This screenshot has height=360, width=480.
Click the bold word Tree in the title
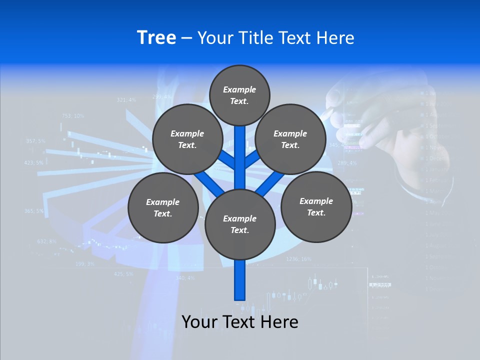[156, 37]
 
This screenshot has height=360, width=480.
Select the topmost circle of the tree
[239, 95]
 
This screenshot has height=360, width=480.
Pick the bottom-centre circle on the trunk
[240, 224]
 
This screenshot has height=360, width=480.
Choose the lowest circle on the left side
[163, 208]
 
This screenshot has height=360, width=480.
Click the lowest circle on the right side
[316, 207]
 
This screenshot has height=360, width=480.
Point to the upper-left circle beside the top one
[187, 139]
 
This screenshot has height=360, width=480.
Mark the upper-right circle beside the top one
[290, 139]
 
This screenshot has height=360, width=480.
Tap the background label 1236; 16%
[298, 259]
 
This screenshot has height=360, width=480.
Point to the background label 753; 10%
[73, 115]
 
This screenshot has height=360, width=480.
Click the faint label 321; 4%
[126, 100]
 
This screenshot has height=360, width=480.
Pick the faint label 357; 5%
[35, 141]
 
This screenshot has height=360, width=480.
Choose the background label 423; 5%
[33, 162]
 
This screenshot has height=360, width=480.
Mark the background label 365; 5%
[34, 211]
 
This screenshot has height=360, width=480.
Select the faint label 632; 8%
[47, 241]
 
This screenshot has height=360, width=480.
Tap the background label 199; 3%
[84, 263]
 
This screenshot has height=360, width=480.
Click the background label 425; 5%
[123, 274]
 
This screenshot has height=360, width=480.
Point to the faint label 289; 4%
[347, 163]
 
